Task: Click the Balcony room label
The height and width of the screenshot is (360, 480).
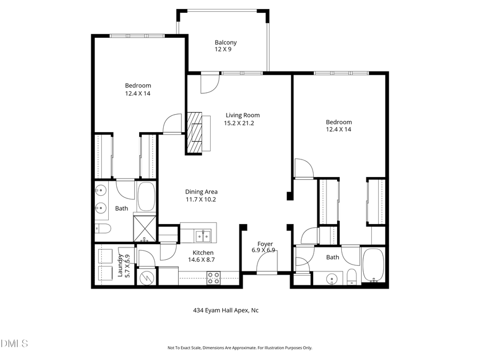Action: pos(226,43)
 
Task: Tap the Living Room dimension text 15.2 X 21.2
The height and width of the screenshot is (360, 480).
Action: pos(242,123)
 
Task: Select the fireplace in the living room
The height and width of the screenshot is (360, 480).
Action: pos(195,133)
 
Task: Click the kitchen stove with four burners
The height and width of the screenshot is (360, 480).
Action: pos(214,277)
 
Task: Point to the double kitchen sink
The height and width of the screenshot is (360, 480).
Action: pos(203,235)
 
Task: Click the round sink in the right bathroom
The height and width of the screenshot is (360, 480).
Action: pos(332,278)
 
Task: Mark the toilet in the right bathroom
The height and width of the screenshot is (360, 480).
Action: pos(351,276)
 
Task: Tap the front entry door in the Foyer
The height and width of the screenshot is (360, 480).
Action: pos(266,263)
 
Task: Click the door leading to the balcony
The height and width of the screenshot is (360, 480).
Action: pos(210,82)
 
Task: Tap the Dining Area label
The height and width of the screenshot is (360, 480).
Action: pos(201,192)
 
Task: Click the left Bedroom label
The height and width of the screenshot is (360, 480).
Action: pos(138,85)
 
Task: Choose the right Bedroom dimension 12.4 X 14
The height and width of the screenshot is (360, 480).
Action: pos(339,129)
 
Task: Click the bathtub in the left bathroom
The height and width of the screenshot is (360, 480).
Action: pos(146,196)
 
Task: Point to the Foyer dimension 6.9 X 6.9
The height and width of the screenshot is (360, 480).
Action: pos(263,250)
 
